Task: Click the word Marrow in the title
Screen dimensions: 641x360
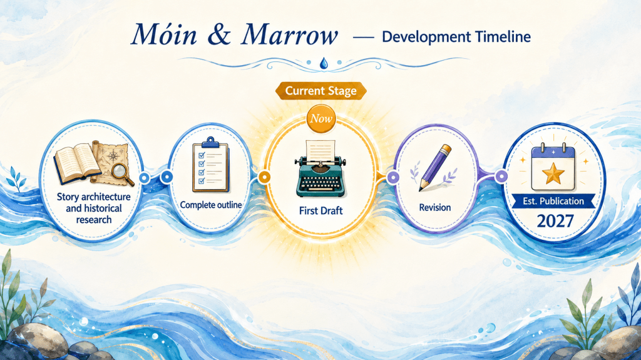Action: [x=290, y=35]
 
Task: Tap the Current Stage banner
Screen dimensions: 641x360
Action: [x=321, y=91]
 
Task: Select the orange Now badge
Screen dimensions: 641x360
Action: [x=321, y=118]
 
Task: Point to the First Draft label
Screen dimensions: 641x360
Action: [x=321, y=211]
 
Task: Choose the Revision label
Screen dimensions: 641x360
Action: [x=435, y=207]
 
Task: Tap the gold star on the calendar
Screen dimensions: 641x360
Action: [x=553, y=173]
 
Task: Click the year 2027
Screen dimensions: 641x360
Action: [x=555, y=221]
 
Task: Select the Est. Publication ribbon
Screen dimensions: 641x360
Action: [x=553, y=201]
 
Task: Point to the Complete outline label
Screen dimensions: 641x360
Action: [x=211, y=205]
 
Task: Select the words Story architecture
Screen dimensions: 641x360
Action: [x=94, y=197]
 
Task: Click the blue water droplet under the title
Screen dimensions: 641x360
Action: [x=324, y=63]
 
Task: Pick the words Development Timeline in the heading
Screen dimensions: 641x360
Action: [x=456, y=37]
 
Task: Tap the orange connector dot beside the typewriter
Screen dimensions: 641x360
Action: [x=264, y=177]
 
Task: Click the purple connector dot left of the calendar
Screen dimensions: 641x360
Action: [x=501, y=177]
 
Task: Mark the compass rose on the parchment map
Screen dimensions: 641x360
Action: [x=113, y=156]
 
